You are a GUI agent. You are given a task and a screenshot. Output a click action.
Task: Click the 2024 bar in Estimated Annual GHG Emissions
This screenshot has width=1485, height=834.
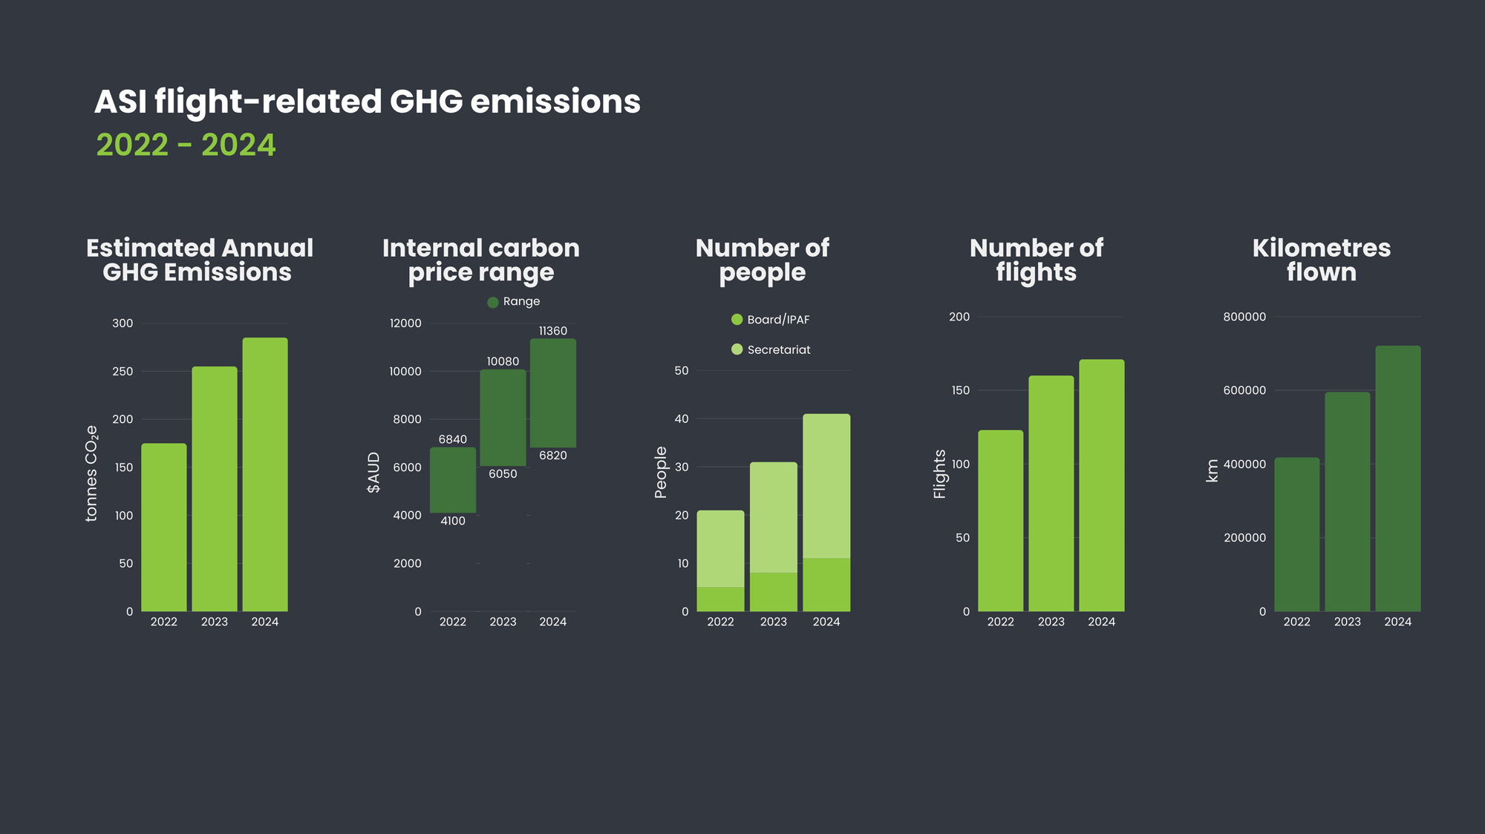coord(265,475)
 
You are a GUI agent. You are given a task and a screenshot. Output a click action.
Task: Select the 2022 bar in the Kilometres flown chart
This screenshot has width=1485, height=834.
coord(1296,534)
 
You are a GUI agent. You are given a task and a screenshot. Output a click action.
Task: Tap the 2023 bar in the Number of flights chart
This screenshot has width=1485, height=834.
coord(1051,493)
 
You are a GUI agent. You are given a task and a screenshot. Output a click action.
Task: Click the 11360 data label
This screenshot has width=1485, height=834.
coord(553,331)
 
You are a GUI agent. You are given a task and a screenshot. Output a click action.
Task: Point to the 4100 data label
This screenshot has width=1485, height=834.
coord(453,521)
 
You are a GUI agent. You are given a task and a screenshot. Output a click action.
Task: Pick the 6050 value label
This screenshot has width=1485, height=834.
coord(503,474)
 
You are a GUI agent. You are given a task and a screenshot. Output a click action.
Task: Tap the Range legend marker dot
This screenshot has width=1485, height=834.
coord(493,302)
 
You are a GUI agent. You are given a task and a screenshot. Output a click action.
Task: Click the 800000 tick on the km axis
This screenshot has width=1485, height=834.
coord(1244,317)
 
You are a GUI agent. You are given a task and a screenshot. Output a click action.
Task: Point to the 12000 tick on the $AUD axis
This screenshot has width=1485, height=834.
coord(405,323)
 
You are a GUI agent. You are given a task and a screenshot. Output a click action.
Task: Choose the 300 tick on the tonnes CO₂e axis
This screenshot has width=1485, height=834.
coord(123,323)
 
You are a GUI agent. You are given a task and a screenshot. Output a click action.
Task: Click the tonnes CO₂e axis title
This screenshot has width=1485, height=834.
coord(91,473)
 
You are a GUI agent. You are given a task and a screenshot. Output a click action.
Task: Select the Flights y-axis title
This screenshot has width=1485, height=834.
coord(940,474)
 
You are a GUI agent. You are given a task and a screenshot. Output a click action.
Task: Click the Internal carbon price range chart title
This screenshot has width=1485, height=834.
coord(481,260)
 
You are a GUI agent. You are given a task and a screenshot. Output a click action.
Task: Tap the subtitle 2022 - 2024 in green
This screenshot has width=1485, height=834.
coord(186,145)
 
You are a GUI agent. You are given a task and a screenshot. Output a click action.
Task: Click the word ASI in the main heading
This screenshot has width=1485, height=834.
coord(120,102)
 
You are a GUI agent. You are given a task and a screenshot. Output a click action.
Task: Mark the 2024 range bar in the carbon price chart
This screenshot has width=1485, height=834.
coord(553,393)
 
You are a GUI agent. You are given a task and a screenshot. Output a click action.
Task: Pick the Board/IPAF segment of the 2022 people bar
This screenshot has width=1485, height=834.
coord(720,599)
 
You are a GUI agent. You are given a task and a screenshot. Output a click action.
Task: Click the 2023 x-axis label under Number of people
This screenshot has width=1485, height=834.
coord(773,622)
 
